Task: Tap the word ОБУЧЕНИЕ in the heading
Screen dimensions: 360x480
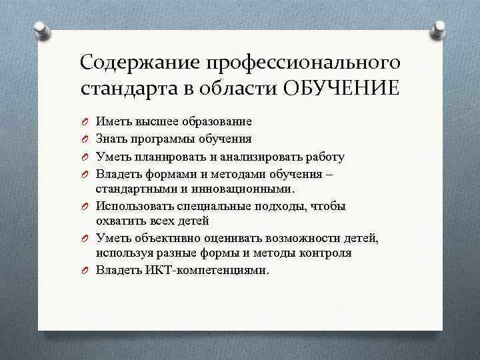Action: (341, 88)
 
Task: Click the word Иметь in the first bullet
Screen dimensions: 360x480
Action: (113, 121)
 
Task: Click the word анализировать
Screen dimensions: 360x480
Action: (266, 157)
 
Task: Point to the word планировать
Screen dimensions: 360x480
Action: (169, 157)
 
